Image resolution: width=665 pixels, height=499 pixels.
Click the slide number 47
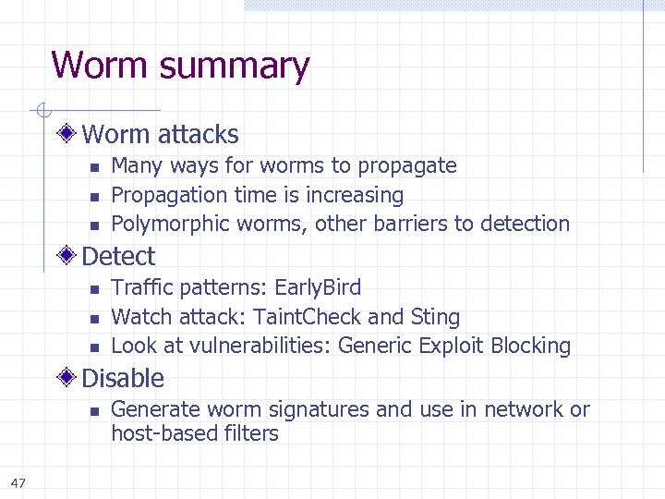(18, 482)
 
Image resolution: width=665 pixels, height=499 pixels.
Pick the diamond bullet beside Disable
(68, 378)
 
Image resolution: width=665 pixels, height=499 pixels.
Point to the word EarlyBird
(319, 287)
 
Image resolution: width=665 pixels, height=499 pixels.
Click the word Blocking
(531, 346)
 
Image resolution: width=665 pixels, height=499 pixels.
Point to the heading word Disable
(123, 378)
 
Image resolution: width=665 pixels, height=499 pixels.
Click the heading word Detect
(118, 256)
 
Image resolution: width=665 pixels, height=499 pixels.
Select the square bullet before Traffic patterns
(93, 289)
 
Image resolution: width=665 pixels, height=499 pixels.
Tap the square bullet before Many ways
(93, 167)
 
